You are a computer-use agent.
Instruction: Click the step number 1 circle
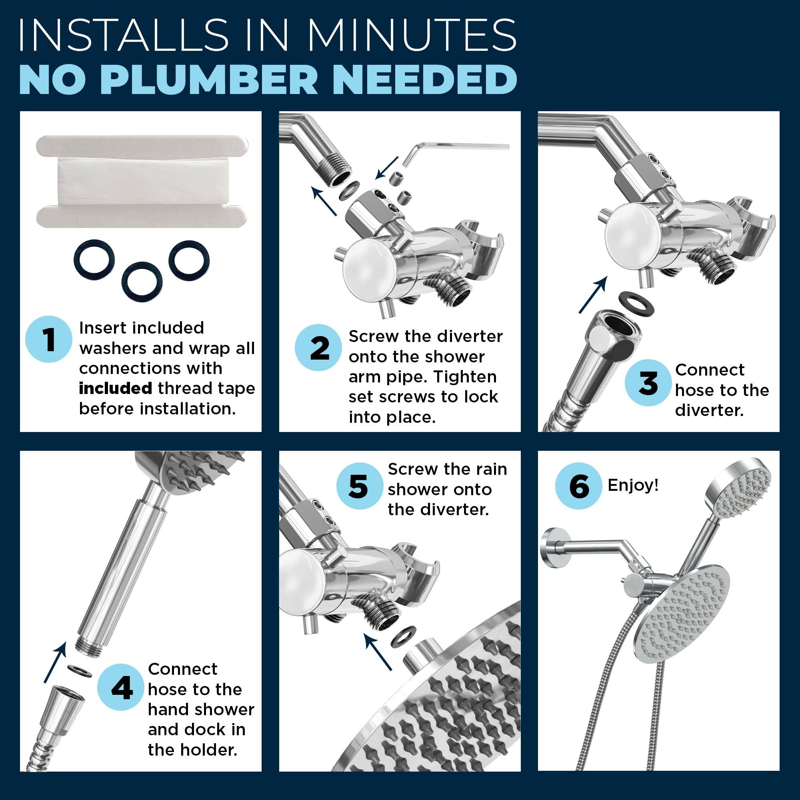click(x=49, y=339)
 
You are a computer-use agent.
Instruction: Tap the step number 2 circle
click(x=318, y=348)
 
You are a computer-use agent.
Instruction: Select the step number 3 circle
click(x=648, y=383)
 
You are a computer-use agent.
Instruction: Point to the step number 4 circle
click(x=121, y=687)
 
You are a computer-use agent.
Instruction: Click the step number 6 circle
click(x=579, y=486)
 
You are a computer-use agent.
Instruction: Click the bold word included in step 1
click(x=115, y=388)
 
